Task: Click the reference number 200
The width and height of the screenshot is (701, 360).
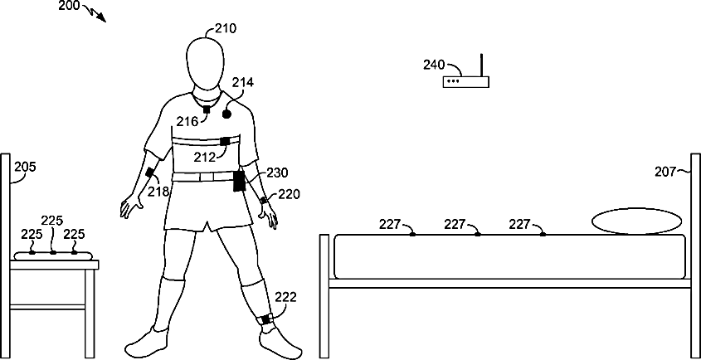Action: coord(70,7)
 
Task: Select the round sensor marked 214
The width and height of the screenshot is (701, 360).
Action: coord(225,114)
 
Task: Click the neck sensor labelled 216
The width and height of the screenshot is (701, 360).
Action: coord(207,109)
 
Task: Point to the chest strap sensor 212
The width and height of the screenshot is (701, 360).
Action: coord(224,140)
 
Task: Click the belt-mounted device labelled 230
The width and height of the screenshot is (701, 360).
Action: coord(240,180)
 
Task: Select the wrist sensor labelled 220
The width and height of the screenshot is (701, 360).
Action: coord(264,200)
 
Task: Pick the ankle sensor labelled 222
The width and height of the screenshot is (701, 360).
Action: coord(266,320)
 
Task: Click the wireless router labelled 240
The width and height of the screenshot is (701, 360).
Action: coord(465,80)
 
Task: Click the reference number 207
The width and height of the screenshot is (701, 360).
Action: coord(665,172)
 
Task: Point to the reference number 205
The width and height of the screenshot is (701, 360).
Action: coord(26,167)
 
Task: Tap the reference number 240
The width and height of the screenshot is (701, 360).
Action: coord(434,64)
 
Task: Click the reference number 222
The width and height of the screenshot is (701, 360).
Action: coord(285,297)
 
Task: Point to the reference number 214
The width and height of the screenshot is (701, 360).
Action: coord(243,82)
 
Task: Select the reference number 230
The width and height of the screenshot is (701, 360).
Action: coord(277,173)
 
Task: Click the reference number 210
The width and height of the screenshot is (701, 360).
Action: coord(226,27)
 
